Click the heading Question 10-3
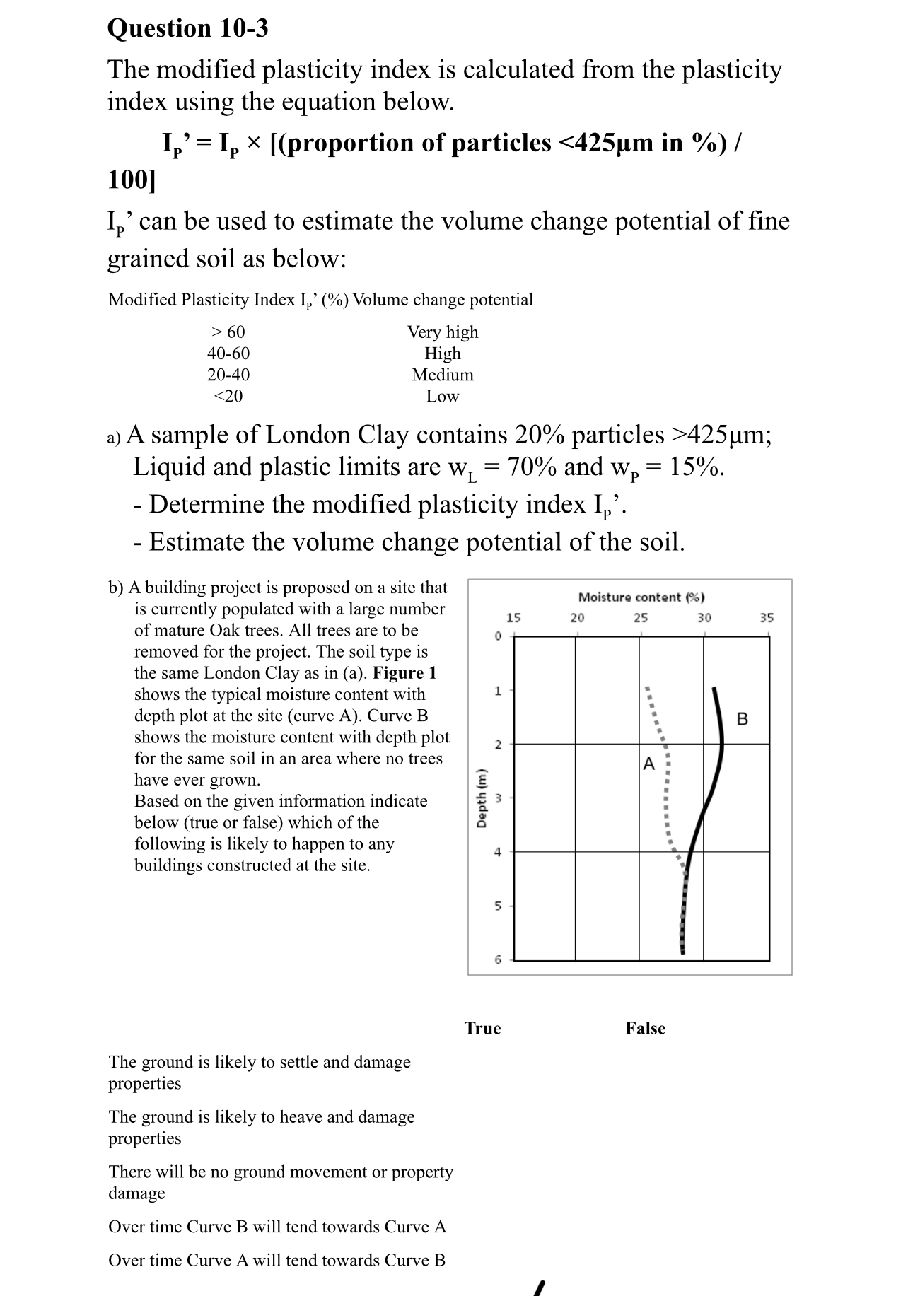coord(187,28)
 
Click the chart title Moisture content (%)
coord(641,597)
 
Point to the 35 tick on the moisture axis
coord(767,618)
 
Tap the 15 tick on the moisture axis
coord(514,618)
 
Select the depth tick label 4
coord(497,852)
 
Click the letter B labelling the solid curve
coord(742,720)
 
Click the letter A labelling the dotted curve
coord(649,764)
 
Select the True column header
coord(482,1028)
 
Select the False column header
coord(645,1028)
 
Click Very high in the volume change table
coord(443,332)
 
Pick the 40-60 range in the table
coord(228,354)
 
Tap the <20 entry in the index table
coord(228,397)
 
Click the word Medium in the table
coord(443,375)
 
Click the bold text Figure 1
coord(404,673)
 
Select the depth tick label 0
coord(497,636)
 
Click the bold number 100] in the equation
coord(132,180)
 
